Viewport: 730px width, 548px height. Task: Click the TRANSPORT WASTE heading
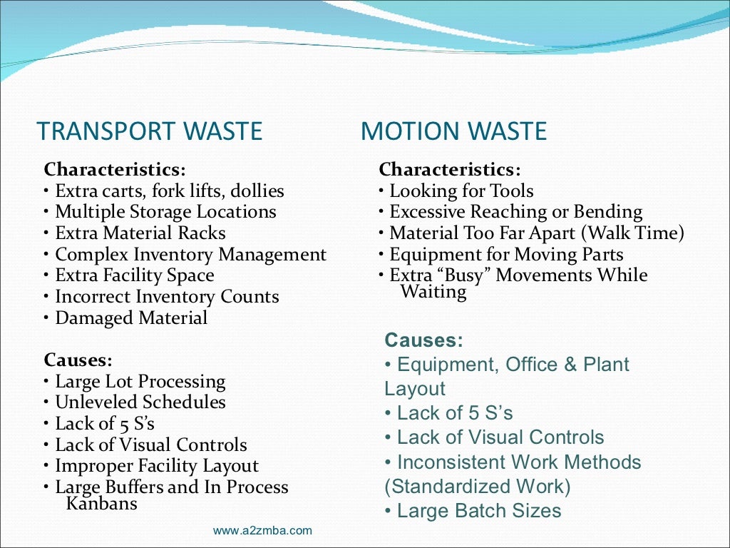pyautogui.click(x=150, y=132)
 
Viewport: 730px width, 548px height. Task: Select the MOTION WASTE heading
pyautogui.click(x=453, y=132)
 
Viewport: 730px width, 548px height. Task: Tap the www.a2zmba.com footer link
pyautogui.click(x=262, y=530)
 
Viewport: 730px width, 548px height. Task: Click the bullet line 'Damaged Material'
pyautogui.click(x=131, y=318)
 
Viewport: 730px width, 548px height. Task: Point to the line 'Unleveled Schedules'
pyautogui.click(x=140, y=402)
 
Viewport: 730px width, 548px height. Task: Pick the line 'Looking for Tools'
pyautogui.click(x=461, y=191)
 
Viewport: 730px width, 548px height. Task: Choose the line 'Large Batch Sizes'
pyautogui.click(x=478, y=511)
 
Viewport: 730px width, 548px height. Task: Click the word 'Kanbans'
pyautogui.click(x=101, y=503)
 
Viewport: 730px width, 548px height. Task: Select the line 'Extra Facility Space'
pyautogui.click(x=134, y=275)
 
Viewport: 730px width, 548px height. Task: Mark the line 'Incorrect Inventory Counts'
pyautogui.click(x=167, y=297)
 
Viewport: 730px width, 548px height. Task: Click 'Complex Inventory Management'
pyautogui.click(x=190, y=255)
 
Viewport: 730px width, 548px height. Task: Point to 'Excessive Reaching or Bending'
pyautogui.click(x=515, y=212)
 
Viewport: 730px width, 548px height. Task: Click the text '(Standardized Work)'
pyautogui.click(x=478, y=487)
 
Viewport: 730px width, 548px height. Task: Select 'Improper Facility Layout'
pyautogui.click(x=157, y=466)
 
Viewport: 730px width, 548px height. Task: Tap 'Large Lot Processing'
pyautogui.click(x=140, y=382)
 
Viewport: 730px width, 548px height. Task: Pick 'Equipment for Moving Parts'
pyautogui.click(x=506, y=255)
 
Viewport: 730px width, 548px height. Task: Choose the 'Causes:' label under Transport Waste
pyautogui.click(x=78, y=360)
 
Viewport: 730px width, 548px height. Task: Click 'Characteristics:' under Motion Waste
pyautogui.click(x=450, y=170)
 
